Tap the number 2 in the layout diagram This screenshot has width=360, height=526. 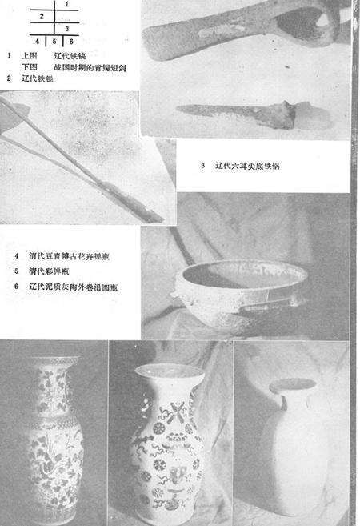(40, 16)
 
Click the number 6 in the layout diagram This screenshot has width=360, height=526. (70, 40)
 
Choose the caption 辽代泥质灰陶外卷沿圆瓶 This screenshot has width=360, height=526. (76, 285)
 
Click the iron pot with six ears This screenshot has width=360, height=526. (240, 288)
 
